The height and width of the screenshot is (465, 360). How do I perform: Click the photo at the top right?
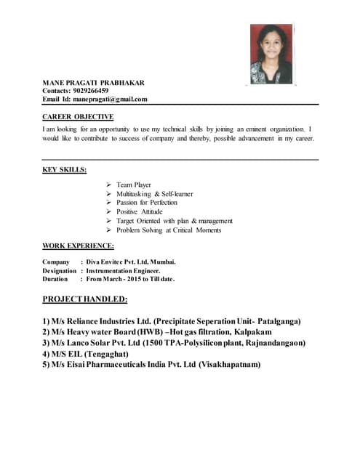(271, 54)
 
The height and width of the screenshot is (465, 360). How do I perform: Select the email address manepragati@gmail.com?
(108, 100)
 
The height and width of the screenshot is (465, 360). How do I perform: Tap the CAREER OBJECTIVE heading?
(78, 116)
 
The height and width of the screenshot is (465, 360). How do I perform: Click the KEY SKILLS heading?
(65, 170)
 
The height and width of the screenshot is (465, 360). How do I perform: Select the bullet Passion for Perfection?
(146, 203)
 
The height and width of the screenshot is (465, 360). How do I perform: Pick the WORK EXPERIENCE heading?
(78, 246)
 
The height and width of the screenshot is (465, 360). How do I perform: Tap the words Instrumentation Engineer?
(123, 270)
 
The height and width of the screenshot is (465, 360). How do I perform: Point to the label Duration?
(55, 279)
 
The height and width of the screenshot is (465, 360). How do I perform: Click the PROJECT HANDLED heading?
(85, 299)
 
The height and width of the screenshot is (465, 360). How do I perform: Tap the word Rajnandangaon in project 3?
(273, 343)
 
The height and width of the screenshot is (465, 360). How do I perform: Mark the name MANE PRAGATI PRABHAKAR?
(93, 82)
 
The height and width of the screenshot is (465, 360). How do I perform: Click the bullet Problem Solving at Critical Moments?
(169, 230)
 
